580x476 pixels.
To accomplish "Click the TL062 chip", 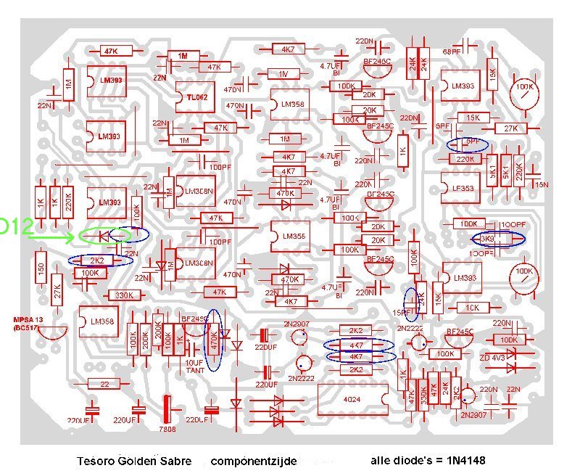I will [196, 97].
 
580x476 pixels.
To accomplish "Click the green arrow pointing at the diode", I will [54, 237].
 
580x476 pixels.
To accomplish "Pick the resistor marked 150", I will [41, 269].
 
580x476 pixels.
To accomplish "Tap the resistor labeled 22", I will [105, 384].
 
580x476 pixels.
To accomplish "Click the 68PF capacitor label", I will [451, 52].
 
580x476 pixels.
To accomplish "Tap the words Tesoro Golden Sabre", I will [134, 461].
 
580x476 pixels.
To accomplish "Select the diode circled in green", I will [103, 236].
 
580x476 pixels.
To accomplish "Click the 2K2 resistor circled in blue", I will [97, 260].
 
